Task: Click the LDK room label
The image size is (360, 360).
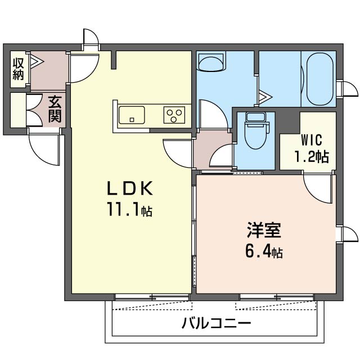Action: (x=130, y=188)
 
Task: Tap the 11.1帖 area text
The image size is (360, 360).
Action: (x=130, y=210)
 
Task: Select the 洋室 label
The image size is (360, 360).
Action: (x=264, y=230)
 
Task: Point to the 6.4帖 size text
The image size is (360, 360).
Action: (x=264, y=251)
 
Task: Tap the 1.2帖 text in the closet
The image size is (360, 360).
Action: (x=312, y=156)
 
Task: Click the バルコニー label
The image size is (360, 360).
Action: (x=216, y=323)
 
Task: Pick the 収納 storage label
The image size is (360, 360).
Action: (x=18, y=69)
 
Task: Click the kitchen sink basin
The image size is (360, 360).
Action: (x=132, y=115)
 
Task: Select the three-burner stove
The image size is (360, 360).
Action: (x=174, y=115)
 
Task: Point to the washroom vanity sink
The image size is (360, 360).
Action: (x=211, y=61)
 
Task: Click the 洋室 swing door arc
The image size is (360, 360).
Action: (x=317, y=189)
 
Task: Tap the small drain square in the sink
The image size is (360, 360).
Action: (x=132, y=120)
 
